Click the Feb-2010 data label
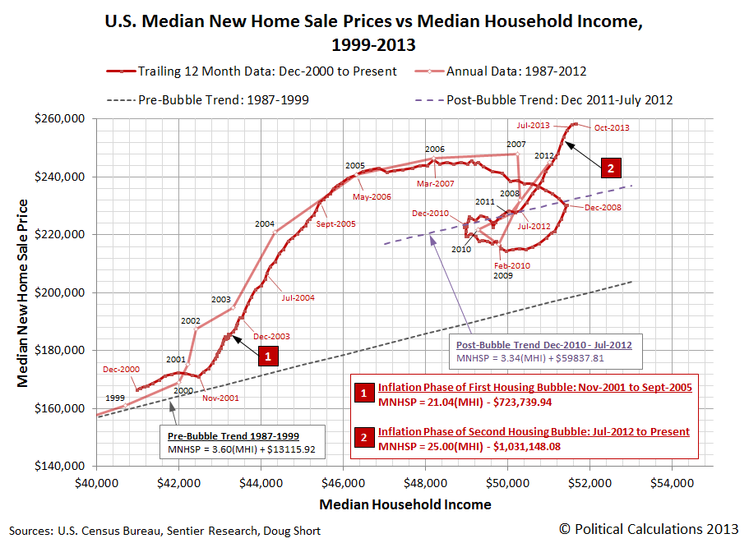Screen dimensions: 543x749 pos(512,265)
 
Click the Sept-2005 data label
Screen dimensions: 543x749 pos(334,223)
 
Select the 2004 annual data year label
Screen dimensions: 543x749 pos(264,223)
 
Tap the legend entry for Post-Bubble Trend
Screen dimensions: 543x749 pos(559,100)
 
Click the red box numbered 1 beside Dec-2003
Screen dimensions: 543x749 pos(268,356)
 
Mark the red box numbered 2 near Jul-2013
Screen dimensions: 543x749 pos(610,167)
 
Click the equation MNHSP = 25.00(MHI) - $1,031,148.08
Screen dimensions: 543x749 pos(481,446)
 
